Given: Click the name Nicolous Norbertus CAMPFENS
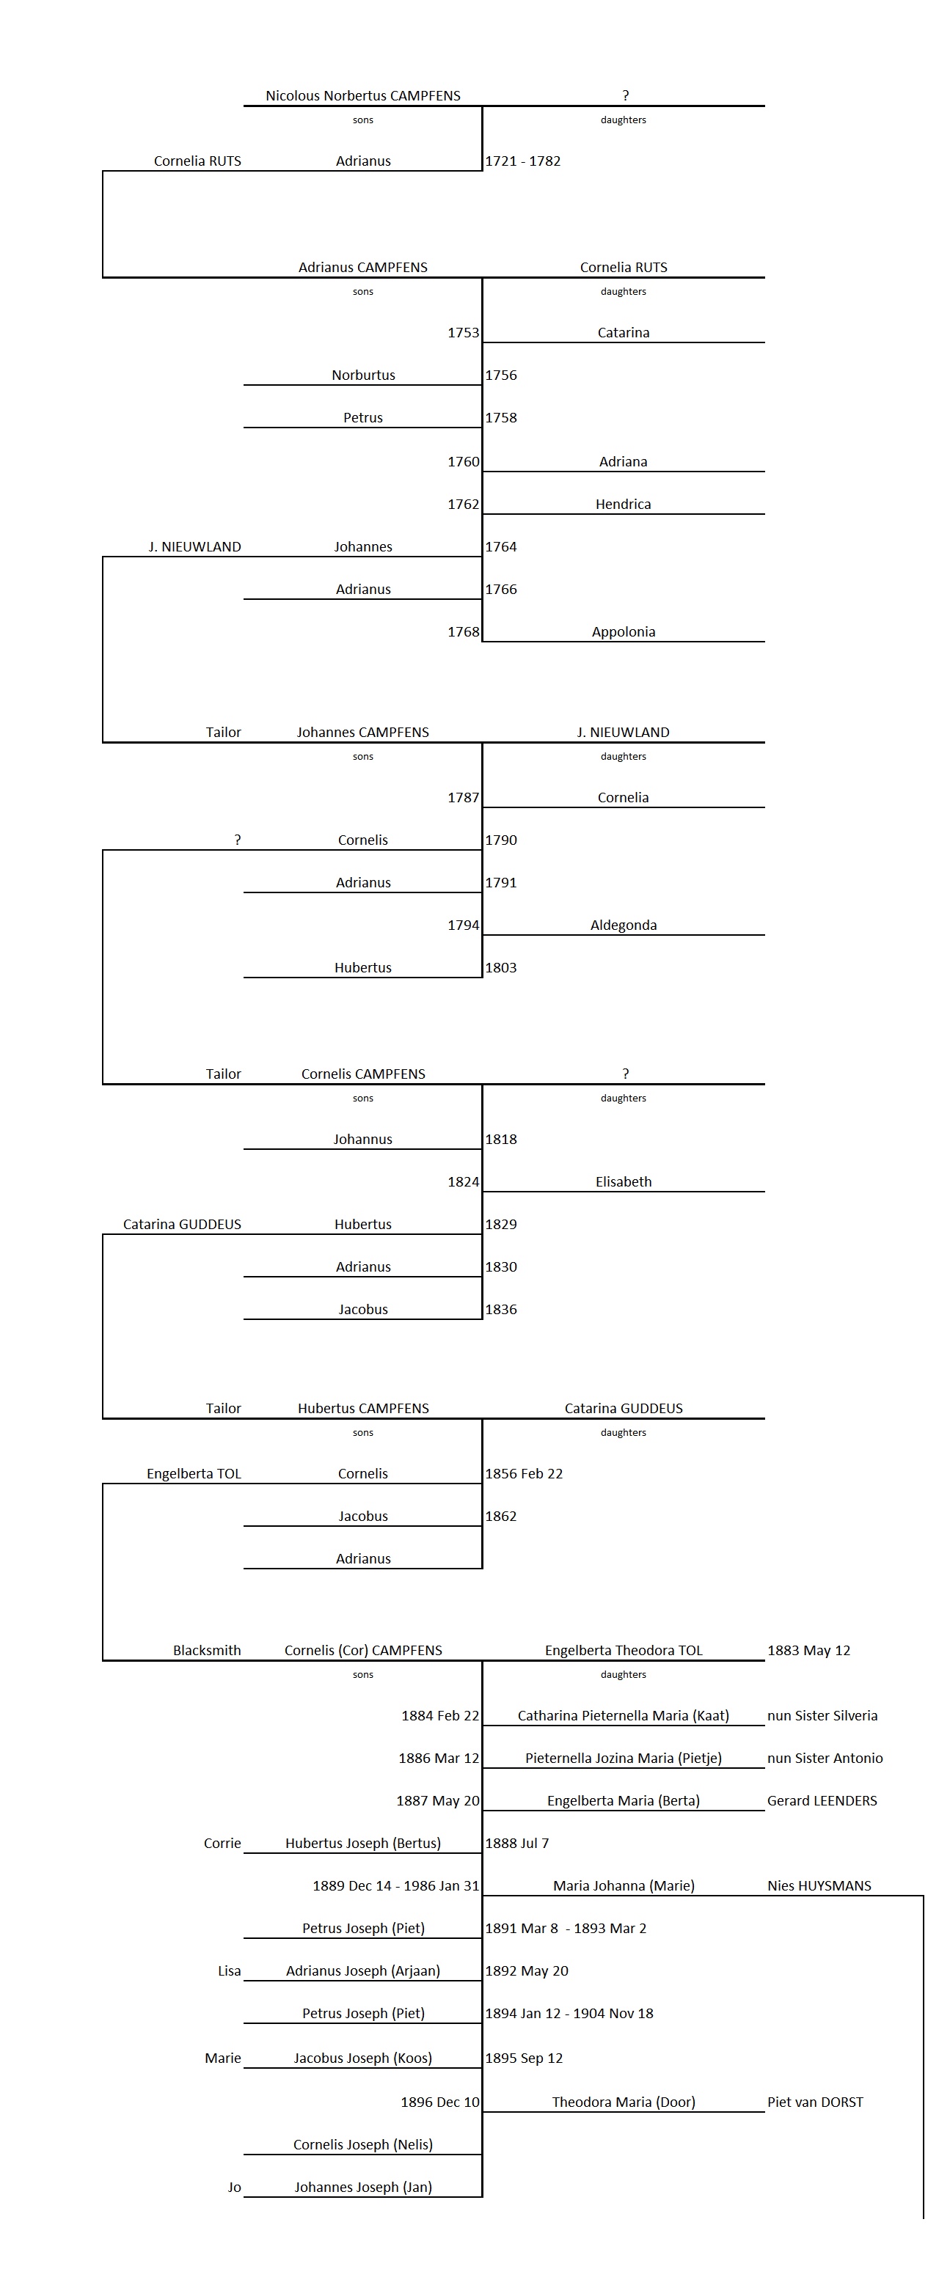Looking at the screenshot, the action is click(362, 96).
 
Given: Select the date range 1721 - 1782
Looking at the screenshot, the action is click(522, 161).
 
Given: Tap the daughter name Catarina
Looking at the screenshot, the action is click(623, 332).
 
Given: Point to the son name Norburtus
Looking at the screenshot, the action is click(362, 375).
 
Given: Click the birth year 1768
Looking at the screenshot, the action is click(463, 631).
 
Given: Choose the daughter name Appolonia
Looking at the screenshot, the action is click(623, 631).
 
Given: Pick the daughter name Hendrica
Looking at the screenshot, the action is click(623, 504).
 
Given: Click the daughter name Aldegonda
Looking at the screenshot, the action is click(623, 925).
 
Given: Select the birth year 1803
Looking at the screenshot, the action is click(501, 967).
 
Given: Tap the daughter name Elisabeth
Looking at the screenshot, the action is click(623, 1181).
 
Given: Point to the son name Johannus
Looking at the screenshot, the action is click(362, 1139).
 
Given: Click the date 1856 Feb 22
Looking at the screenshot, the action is click(523, 1473).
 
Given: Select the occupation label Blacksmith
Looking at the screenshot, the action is click(207, 1650).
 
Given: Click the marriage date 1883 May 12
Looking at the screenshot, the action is click(808, 1650).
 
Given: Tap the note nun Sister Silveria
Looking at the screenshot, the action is click(822, 1715).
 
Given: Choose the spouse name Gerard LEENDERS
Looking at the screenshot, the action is click(822, 1800).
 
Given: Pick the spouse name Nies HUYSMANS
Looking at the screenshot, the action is click(819, 1885).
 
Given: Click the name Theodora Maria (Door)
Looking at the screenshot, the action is click(623, 2102).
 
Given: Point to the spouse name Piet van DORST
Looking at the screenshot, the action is click(814, 2102).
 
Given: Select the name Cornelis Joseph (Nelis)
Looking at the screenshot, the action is click(362, 2144).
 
